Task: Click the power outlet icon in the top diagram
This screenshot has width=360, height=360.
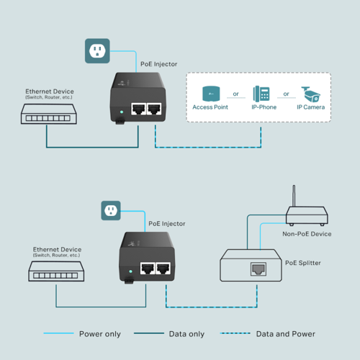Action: tap(97, 50)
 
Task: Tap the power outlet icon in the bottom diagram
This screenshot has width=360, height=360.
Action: tap(110, 211)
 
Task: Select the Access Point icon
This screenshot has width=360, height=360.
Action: tap(210, 94)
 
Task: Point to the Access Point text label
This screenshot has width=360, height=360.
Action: tap(210, 107)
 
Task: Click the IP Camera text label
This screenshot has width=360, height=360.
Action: tap(311, 107)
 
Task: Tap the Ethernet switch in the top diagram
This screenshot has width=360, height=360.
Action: tap(47, 114)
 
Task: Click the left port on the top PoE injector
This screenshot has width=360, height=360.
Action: tap(137, 109)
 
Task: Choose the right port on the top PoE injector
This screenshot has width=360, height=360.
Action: tap(153, 109)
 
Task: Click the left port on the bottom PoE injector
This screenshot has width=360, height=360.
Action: tap(146, 269)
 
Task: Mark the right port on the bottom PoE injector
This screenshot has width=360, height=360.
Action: tap(163, 269)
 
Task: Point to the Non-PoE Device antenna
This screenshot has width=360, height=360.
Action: tap(294, 195)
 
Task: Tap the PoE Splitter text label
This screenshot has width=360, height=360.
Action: tap(303, 263)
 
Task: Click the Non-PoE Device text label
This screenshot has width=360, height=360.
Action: tap(305, 234)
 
